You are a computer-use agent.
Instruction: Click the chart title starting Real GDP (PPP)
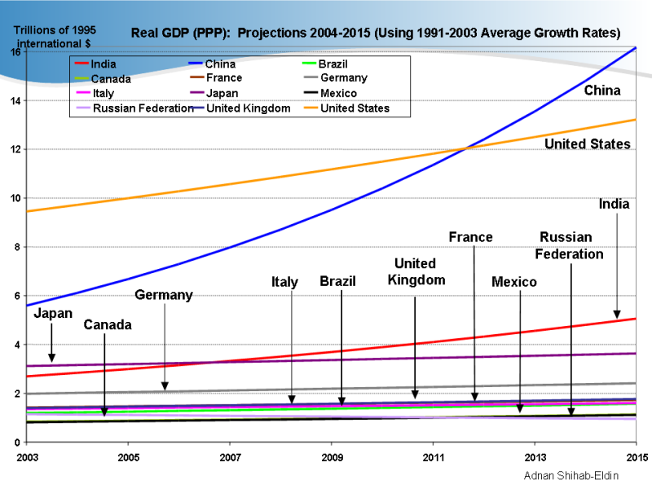(x=376, y=33)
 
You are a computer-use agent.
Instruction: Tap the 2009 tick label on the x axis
(x=332, y=456)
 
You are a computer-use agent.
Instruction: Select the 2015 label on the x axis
(x=637, y=456)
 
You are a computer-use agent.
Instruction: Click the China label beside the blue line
(x=602, y=90)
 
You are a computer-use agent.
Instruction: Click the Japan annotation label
(x=53, y=313)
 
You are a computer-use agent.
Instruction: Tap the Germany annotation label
(x=164, y=295)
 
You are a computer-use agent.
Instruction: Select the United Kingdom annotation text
(x=415, y=271)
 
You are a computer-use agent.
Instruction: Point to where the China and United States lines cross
(x=466, y=148)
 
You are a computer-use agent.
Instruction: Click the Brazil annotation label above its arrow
(x=337, y=281)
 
